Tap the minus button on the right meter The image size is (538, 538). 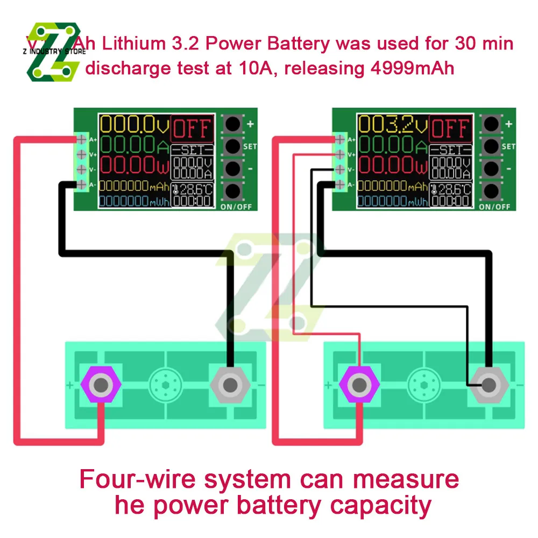pos(491,167)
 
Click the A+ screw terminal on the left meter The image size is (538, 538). pos(82,139)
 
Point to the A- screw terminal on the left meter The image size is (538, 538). pos(82,185)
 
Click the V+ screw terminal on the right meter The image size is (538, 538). pos(340,154)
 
